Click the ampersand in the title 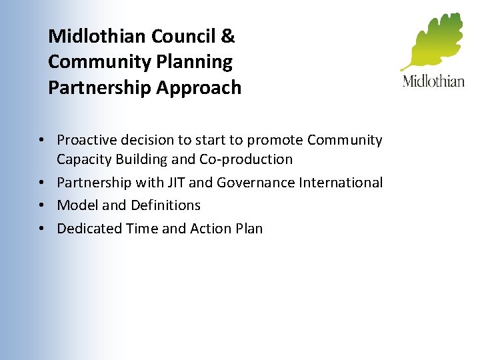(x=227, y=35)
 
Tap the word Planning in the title (x=200, y=62)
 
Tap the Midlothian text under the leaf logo (x=433, y=81)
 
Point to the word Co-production (x=251, y=159)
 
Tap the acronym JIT (x=175, y=183)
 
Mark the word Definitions (x=165, y=205)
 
